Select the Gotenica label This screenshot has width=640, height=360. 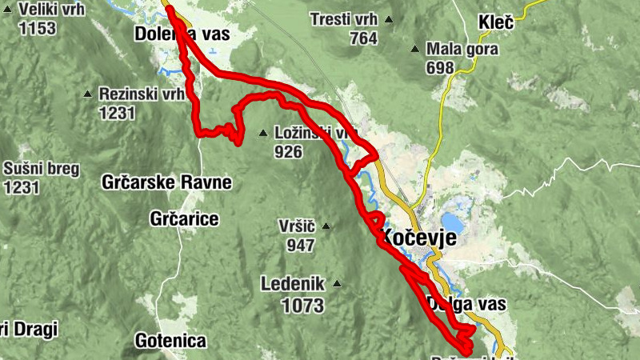coord(170,341)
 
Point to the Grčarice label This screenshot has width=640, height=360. coord(184,218)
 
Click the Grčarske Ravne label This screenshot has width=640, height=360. coord(166,182)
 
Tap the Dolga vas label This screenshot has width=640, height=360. coord(467,304)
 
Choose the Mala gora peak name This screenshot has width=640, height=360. coord(462,50)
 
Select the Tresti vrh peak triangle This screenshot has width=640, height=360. coord(390,20)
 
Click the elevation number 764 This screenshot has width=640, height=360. coord(363,38)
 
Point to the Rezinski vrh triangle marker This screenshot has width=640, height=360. coord(88,94)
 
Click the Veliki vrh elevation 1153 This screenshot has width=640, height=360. coord(36,28)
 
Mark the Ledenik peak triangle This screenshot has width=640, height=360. coord(338,282)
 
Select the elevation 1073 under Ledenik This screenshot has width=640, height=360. coord(302,304)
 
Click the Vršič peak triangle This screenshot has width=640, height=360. coord(325,226)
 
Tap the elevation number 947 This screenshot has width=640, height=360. coord(301,245)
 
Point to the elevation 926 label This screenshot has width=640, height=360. coord(287,150)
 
